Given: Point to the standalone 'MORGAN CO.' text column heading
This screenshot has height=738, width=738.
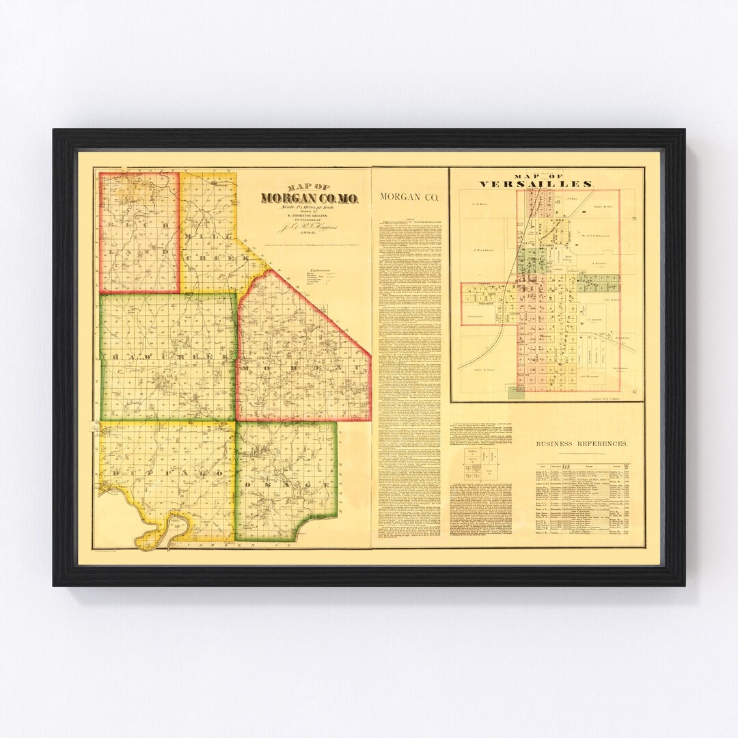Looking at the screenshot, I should click(x=409, y=197).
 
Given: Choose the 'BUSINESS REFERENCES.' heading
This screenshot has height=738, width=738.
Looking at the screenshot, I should click(x=581, y=443).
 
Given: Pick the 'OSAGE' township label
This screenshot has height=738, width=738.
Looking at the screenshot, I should click(x=287, y=485).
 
